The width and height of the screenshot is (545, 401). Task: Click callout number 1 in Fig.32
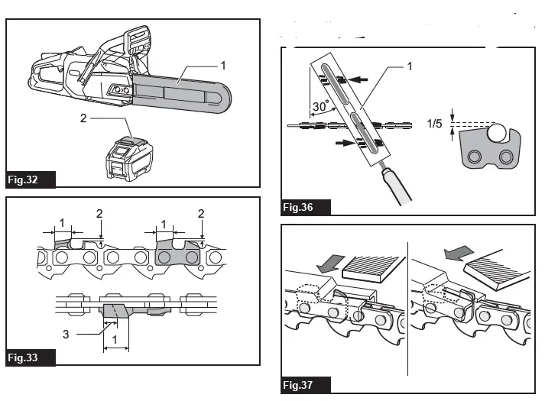tap(223, 66)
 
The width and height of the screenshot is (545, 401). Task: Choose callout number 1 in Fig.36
tap(409, 66)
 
